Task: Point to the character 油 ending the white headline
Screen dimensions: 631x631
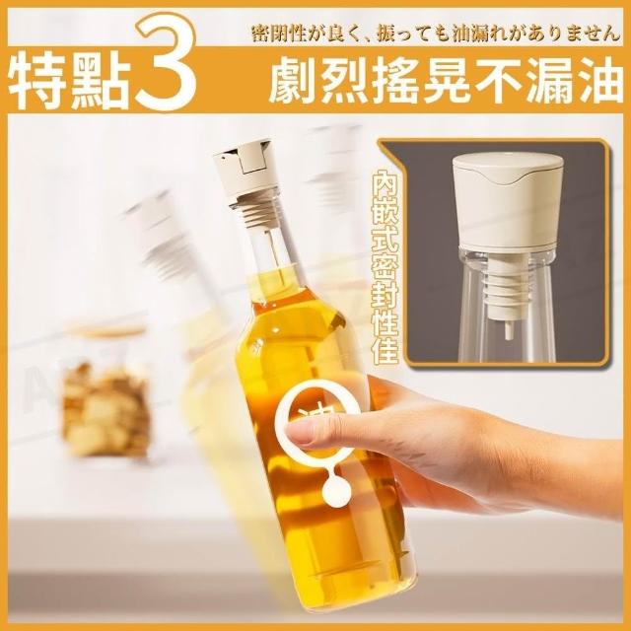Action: click(x=597, y=81)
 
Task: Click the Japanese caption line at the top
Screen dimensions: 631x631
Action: click(x=436, y=34)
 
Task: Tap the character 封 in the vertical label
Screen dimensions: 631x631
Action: click(x=385, y=296)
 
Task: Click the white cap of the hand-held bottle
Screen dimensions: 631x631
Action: click(x=245, y=171)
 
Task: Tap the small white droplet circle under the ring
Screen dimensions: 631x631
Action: click(x=336, y=489)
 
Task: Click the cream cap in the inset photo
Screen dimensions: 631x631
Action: click(x=507, y=201)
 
